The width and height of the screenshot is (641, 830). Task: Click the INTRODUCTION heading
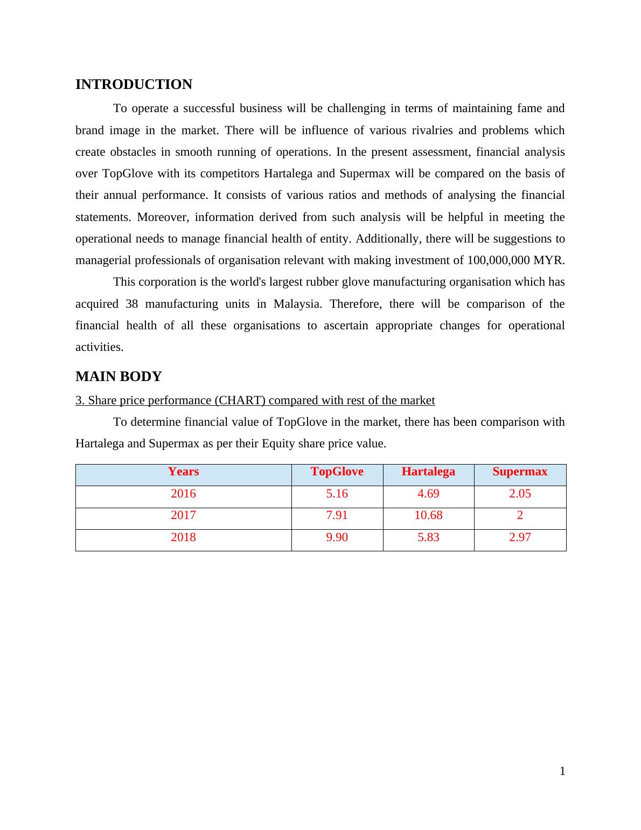tap(134, 85)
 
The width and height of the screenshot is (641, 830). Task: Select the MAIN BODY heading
tap(119, 377)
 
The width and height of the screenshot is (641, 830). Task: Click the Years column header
tap(183, 472)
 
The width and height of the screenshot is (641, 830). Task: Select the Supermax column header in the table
tap(520, 472)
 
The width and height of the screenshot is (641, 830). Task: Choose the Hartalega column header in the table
tap(428, 472)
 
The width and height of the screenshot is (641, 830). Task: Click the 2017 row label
tap(183, 515)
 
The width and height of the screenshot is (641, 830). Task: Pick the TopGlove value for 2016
tap(337, 494)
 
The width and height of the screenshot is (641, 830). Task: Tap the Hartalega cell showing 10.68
tap(428, 515)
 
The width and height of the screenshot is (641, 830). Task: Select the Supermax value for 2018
tap(520, 537)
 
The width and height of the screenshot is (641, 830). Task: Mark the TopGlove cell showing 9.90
tap(337, 537)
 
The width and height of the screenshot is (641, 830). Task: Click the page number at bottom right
tap(562, 772)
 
